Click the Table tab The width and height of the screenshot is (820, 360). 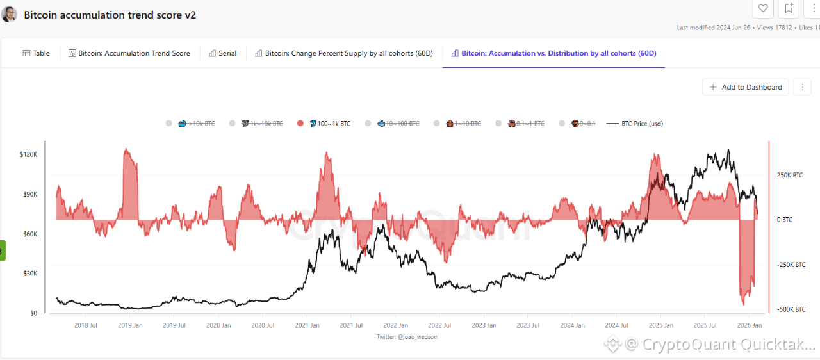(36, 53)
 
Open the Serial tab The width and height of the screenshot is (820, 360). (223, 53)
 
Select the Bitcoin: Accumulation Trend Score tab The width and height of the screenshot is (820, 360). (129, 53)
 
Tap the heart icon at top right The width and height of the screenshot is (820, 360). (763, 8)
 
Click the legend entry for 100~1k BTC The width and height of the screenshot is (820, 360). (329, 124)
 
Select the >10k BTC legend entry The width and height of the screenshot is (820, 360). (199, 124)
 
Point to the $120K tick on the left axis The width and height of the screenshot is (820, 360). (29, 154)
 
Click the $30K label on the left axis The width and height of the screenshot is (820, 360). (29, 274)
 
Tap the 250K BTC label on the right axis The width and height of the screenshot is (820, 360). (789, 175)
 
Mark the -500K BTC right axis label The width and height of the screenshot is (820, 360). (792, 309)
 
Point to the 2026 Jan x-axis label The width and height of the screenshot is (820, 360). (749, 325)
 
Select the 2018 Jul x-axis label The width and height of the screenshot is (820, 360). (85, 325)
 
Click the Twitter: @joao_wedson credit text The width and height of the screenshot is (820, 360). (407, 336)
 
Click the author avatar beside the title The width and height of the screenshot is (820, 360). (9, 15)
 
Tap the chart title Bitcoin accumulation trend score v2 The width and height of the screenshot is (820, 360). (110, 15)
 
